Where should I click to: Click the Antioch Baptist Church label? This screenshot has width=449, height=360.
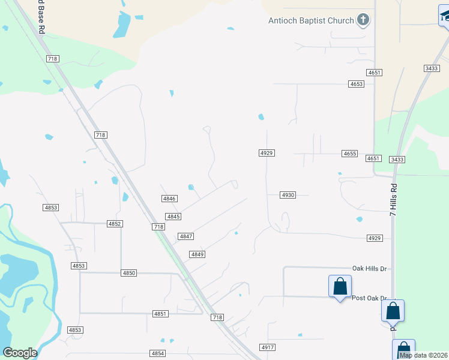pos(311,21)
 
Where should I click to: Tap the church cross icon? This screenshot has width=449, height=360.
pos(363,21)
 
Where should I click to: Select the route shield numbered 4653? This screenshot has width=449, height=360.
pos(356,84)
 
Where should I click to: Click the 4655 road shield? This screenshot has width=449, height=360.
pos(350,154)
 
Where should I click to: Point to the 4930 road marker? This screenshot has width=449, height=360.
pos(288,195)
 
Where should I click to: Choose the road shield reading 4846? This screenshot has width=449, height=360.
pos(169,198)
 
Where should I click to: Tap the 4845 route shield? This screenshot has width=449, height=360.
pos(173,217)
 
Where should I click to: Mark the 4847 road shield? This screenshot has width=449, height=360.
pos(185,236)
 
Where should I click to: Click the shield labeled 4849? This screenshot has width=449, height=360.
pos(197,254)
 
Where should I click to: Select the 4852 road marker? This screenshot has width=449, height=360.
pos(115,223)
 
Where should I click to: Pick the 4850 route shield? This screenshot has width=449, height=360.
pos(128,272)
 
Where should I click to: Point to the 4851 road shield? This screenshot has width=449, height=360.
pos(160,313)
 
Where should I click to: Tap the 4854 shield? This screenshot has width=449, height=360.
pos(158,353)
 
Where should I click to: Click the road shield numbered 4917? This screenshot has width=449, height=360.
pos(267,347)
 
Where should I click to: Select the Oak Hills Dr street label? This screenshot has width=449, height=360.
pos(369,268)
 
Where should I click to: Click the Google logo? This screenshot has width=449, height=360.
pos(20,353)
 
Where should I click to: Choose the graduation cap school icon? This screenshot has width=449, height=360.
pos(445,16)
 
